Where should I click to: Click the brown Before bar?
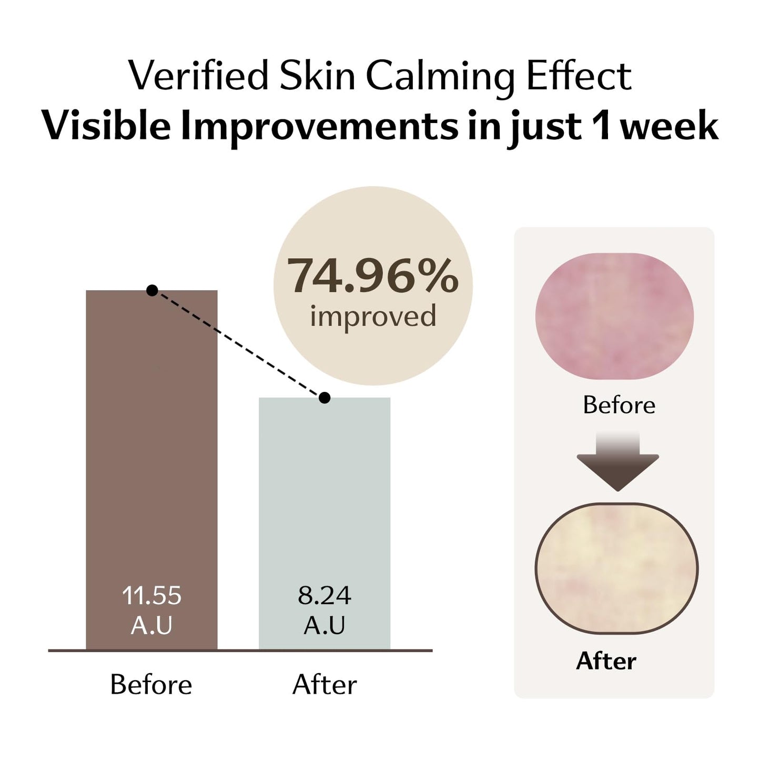coord(151,447)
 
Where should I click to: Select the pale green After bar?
coord(325,500)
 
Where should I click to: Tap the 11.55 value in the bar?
coord(151,596)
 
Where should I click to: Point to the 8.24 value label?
coord(325,596)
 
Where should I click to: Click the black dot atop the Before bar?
coord(152,290)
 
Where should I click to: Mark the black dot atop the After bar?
coord(325,398)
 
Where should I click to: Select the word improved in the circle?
coord(373,316)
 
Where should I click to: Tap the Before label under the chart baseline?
coord(151,685)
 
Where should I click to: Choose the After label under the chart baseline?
coord(325,685)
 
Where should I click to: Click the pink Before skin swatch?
coord(614,316)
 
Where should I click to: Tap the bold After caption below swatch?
coord(606,661)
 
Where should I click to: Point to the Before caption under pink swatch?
coord(619,405)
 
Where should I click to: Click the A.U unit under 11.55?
coord(151,626)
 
